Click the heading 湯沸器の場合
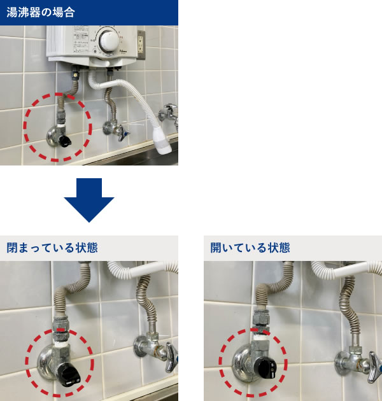[40, 12]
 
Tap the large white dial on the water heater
[110, 41]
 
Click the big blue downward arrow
[89, 200]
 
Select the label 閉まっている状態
[52, 248]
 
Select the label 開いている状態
[250, 248]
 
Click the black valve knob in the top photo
[65, 141]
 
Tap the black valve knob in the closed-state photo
[68, 374]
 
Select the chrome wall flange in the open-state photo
[242, 363]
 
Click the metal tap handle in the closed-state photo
[171, 356]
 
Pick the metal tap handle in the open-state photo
[375, 367]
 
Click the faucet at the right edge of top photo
[169, 115]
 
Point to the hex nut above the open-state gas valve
[261, 318]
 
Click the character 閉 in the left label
[12, 248]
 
